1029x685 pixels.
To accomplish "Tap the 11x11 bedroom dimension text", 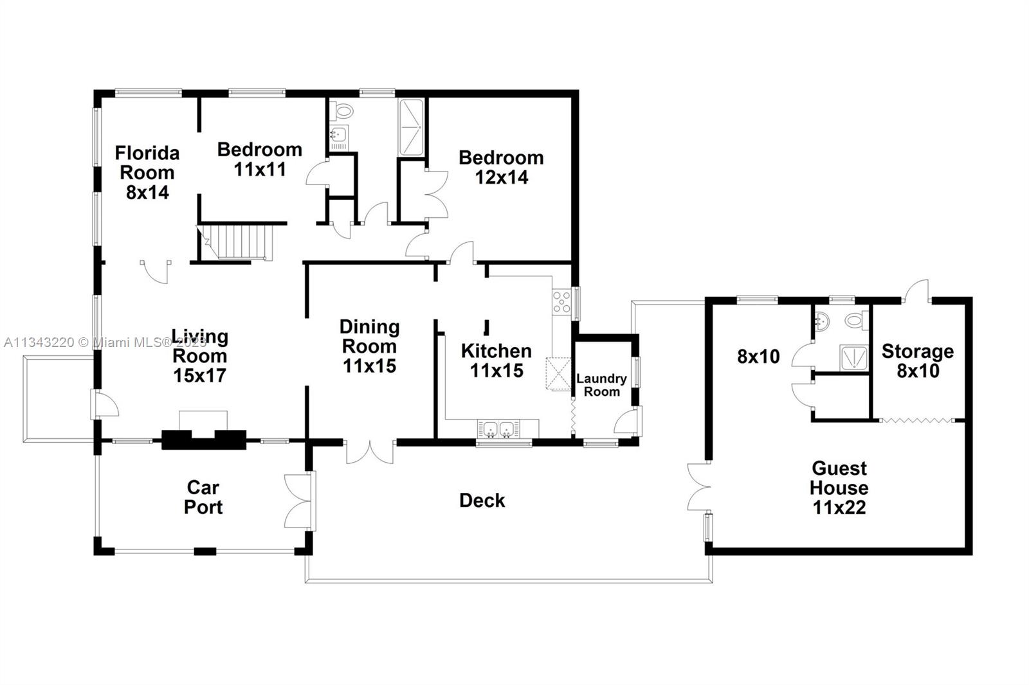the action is (x=260, y=170).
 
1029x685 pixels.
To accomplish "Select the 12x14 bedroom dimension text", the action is (x=502, y=177).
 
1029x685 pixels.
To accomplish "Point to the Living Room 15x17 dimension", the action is (x=199, y=375).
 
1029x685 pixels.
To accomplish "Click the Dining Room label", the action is (x=369, y=337).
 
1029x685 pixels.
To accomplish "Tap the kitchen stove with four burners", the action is (x=561, y=301).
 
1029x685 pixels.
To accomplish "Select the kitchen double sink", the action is (x=499, y=429).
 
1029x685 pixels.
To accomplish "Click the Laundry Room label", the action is (x=602, y=385).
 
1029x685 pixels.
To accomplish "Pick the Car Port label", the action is (x=203, y=497).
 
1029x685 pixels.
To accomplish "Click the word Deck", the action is (x=482, y=501).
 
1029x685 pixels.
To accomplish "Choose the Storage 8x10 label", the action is (x=918, y=361).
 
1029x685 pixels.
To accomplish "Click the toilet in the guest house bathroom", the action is (x=857, y=320).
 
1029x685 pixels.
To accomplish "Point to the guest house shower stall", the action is (x=854, y=358).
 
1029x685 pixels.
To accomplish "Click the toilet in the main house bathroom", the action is (x=341, y=111).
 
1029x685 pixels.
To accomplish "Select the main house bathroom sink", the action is (x=339, y=134).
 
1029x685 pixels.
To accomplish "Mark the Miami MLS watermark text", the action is (x=105, y=342).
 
